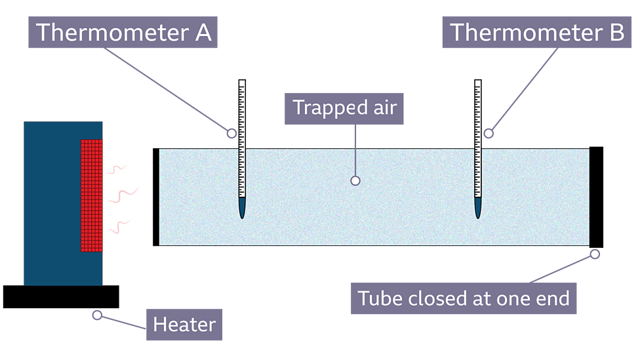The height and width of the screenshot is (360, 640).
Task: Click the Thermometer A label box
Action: [123, 32]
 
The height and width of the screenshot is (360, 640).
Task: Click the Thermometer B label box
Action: [536, 32]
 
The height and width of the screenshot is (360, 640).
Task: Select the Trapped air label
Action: [344, 108]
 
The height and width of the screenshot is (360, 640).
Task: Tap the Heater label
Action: [184, 324]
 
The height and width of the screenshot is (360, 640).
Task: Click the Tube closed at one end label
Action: [463, 298]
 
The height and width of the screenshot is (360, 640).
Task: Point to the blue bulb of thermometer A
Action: [242, 209]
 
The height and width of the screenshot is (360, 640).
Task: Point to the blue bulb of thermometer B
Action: [478, 209]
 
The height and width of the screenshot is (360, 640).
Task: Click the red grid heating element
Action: [92, 195]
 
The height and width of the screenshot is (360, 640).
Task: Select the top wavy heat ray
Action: [117, 169]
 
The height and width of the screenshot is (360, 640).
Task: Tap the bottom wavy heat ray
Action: [118, 227]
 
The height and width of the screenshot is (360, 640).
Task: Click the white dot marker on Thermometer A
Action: [231, 133]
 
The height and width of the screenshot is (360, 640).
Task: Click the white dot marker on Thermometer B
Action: [489, 133]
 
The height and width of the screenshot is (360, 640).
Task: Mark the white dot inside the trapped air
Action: [355, 180]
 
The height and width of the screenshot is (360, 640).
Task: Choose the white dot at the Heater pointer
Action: [97, 315]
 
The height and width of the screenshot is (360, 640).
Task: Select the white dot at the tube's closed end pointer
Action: [595, 254]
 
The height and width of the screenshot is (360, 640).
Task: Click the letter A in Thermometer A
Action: [203, 32]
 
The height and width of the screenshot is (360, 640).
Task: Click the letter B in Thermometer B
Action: [616, 32]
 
